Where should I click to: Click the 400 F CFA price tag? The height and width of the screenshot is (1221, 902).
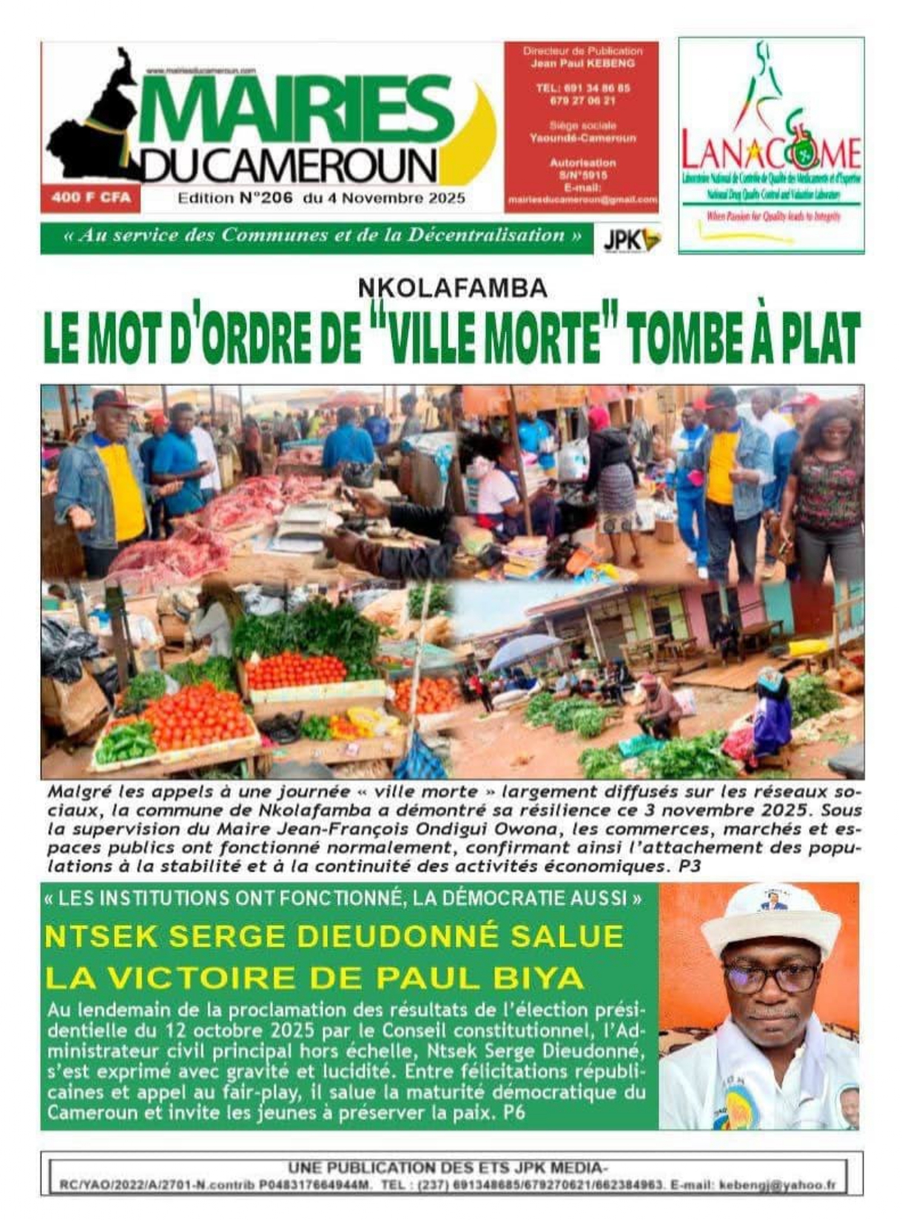tap(91, 198)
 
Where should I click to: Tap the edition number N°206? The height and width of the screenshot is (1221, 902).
tap(266, 198)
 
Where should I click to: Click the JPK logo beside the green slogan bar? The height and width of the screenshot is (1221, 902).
tap(631, 238)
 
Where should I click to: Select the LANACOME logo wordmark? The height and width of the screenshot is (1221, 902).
tap(770, 153)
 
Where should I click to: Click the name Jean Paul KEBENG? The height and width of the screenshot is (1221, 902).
tap(582, 64)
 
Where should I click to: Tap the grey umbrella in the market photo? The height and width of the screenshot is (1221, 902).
tap(524, 649)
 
